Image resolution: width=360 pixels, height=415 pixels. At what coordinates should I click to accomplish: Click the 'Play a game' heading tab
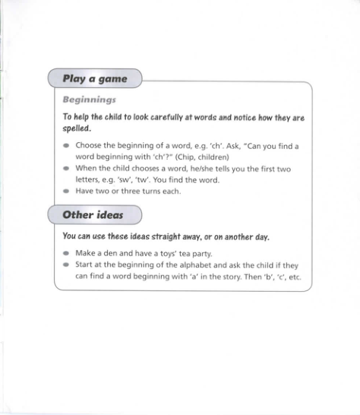94,78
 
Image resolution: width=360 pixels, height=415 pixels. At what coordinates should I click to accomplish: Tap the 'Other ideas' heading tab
93,214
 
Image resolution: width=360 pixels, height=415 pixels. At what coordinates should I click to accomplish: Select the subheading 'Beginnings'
89,99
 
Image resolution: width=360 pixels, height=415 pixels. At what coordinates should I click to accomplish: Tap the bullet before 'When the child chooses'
67,169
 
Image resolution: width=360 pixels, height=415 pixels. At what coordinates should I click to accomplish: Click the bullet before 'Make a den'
67,253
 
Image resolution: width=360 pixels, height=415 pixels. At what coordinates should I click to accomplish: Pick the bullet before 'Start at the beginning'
67,265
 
